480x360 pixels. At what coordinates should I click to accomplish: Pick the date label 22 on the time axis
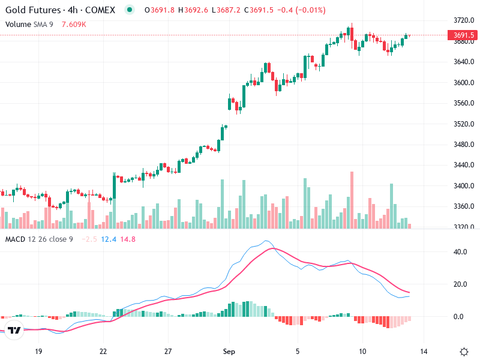tap(103, 351)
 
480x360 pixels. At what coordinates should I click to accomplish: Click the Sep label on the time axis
tap(228, 351)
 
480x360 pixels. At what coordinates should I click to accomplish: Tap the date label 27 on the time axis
tap(168, 351)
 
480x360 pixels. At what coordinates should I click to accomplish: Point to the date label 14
tap(424, 351)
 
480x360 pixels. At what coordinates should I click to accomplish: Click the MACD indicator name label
tap(16, 239)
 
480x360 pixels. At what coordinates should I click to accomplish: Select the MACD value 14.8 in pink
tap(128, 239)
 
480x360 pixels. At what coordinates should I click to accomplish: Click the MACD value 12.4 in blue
tap(109, 239)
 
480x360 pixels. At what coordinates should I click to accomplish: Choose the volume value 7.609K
tap(74, 24)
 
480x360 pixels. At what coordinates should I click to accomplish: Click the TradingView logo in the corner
tap(14, 330)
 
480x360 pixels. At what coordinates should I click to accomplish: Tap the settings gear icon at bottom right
tap(463, 351)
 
